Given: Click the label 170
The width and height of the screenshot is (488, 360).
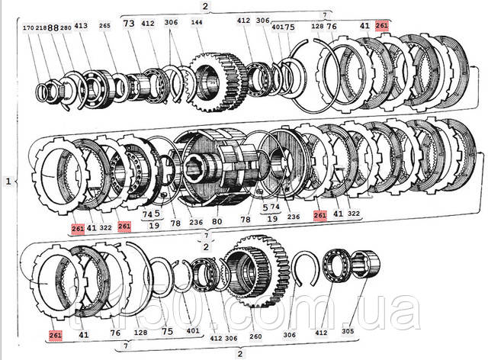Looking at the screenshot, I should [28, 27].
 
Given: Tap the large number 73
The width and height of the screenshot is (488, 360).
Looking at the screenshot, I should [129, 24].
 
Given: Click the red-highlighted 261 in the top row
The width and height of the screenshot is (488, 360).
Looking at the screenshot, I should [382, 25].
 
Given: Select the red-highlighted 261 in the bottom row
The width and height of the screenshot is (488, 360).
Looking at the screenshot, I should [55, 335].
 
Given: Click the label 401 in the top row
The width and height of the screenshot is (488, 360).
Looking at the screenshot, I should [278, 28].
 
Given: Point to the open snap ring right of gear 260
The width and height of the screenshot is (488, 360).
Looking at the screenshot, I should [305, 267].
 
